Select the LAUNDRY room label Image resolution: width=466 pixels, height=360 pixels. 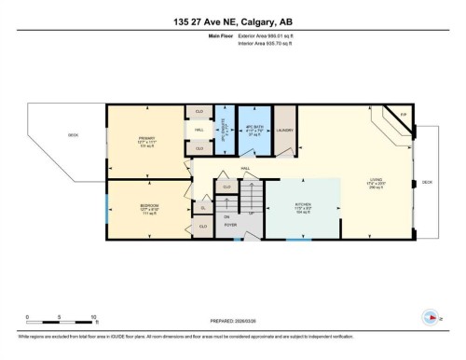click(284, 131)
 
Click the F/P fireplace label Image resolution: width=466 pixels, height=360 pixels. click(403, 114)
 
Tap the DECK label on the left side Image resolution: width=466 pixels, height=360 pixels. click(73, 135)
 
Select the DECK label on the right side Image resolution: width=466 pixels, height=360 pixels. click(427, 181)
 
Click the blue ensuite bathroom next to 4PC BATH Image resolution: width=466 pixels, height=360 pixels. click(222, 130)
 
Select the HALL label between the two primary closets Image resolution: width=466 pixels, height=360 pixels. click(199, 131)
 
